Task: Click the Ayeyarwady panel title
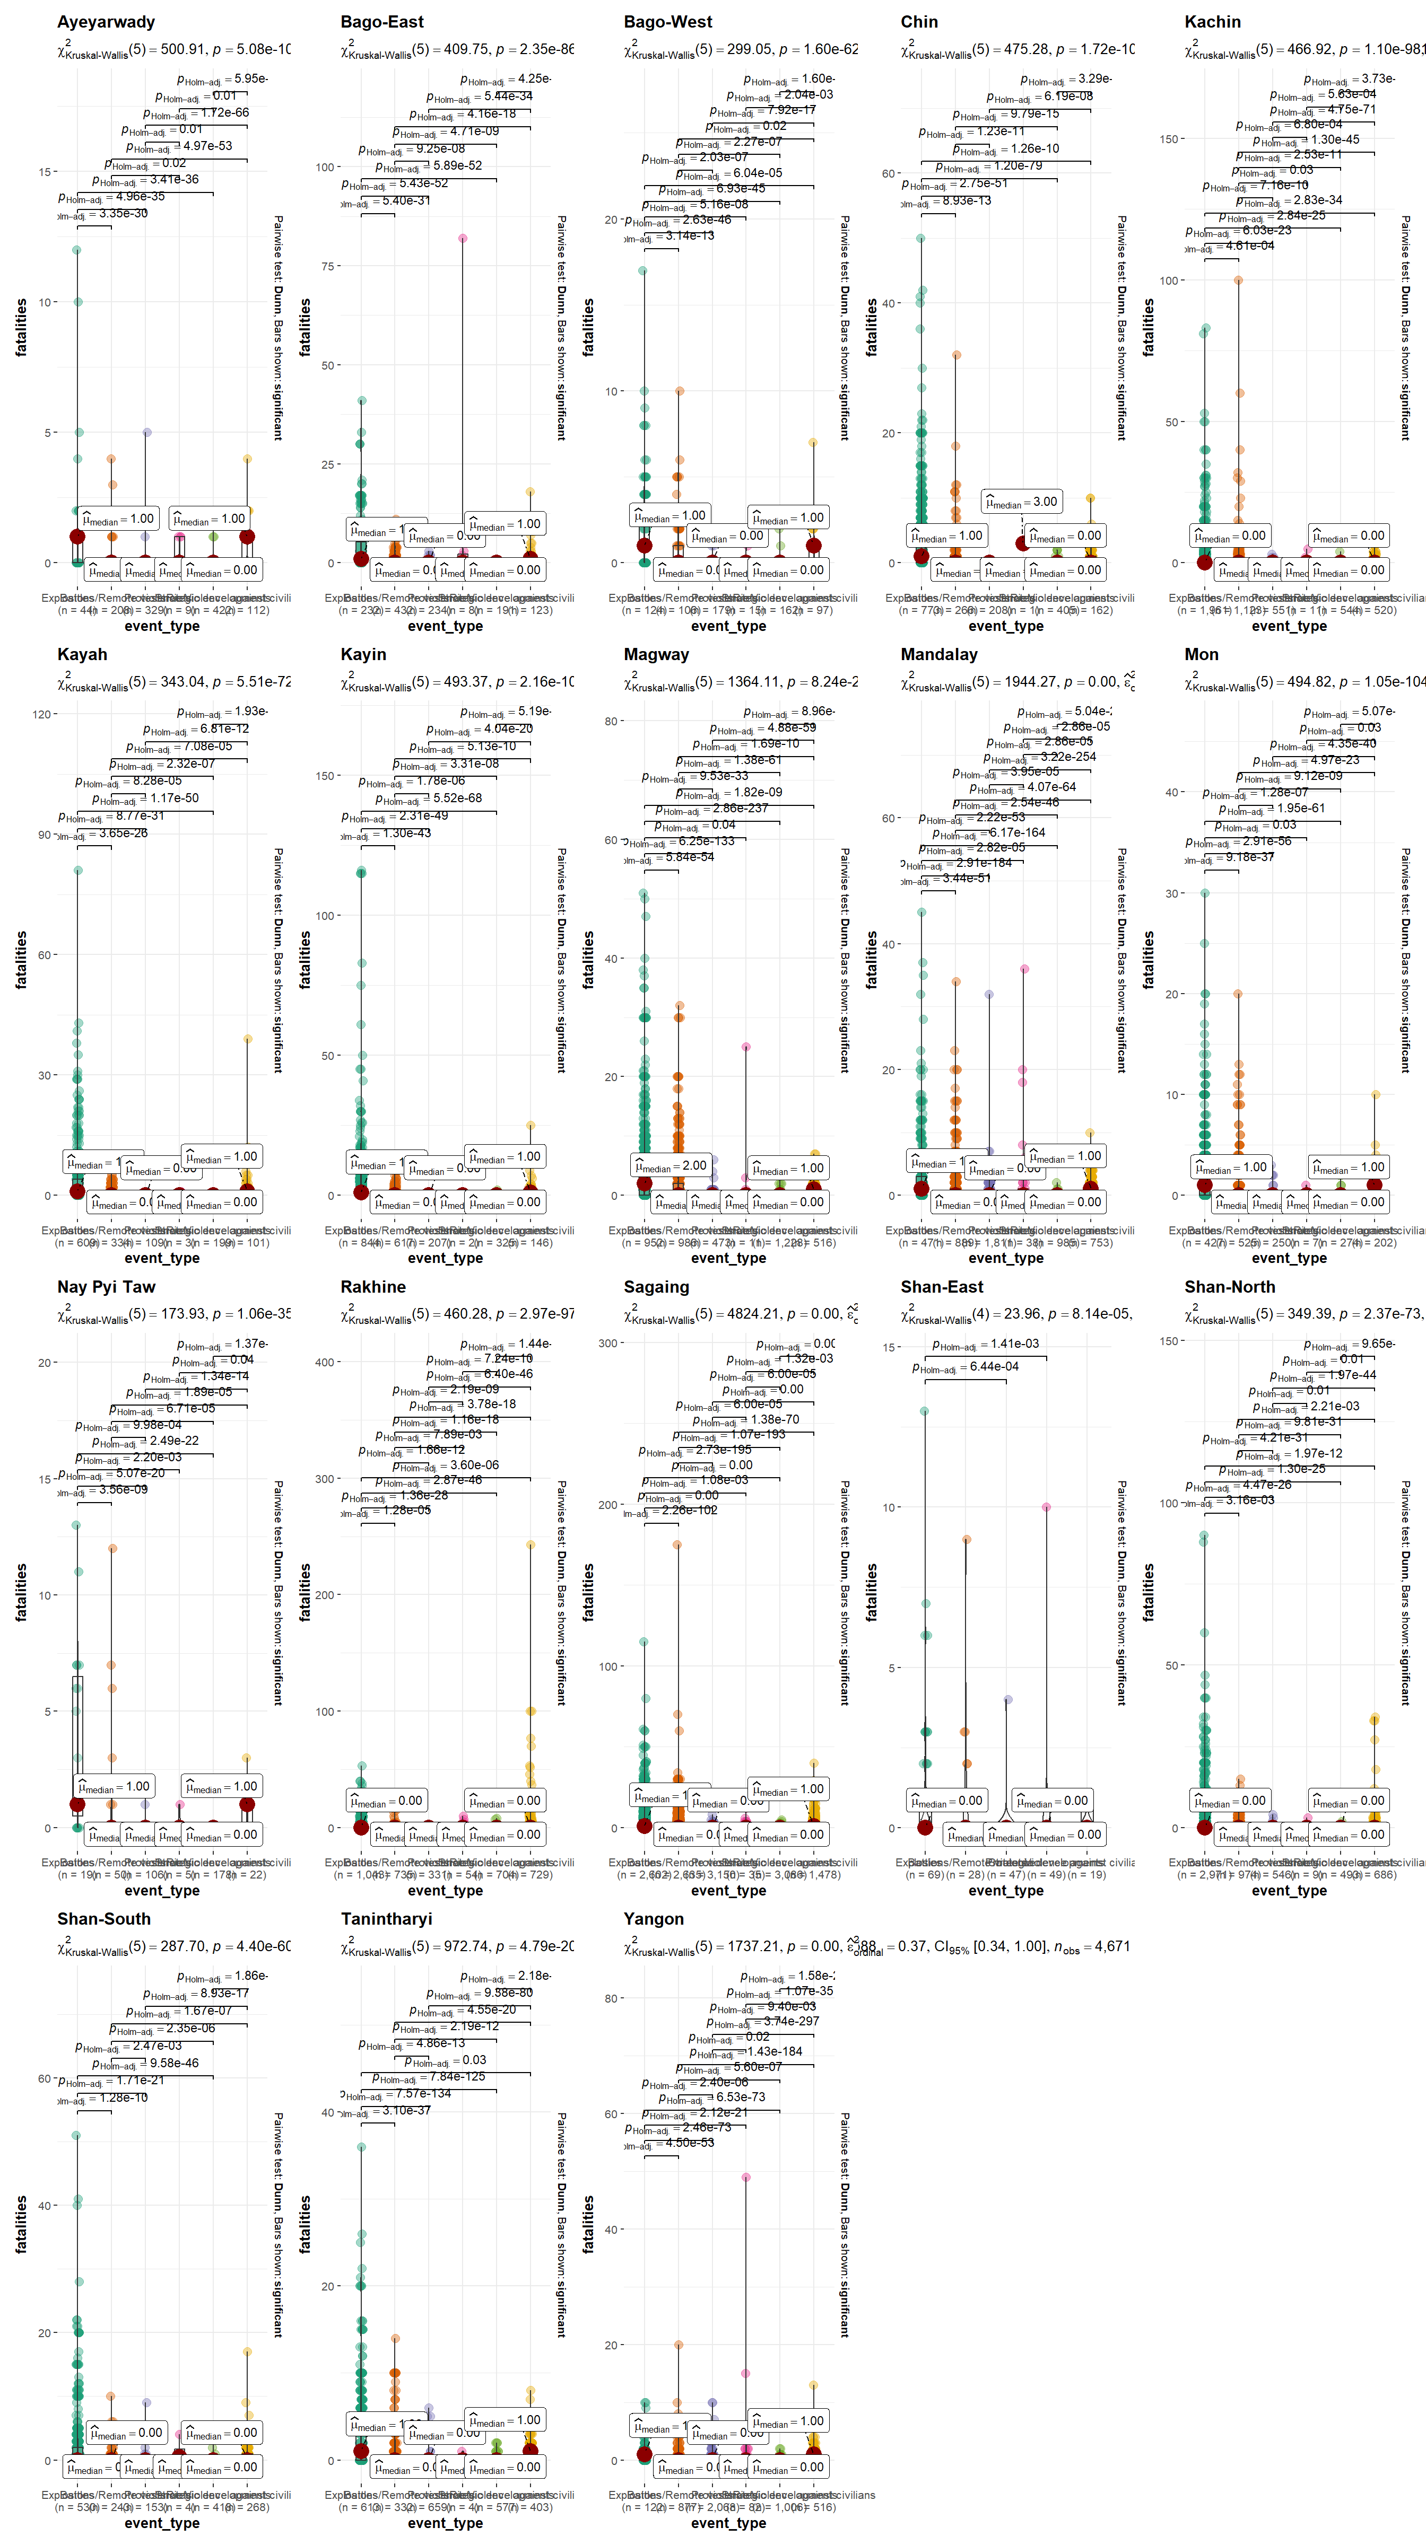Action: [x=106, y=22]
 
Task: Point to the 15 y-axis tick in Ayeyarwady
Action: [x=45, y=172]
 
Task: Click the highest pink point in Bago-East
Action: [x=463, y=238]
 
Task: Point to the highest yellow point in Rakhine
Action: [x=531, y=1544]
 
